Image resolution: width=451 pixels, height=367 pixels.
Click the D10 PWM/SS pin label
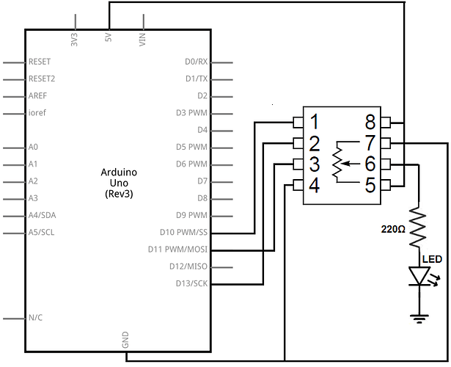point(183,232)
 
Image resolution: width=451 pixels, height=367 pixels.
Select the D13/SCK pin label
point(191,283)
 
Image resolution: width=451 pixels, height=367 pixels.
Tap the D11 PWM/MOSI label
point(177,250)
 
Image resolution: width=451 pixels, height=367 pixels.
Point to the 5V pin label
point(109,37)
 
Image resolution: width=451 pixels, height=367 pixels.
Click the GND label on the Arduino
point(125,340)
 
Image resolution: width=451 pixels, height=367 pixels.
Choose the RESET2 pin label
point(42,79)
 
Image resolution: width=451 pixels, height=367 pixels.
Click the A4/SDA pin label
point(42,215)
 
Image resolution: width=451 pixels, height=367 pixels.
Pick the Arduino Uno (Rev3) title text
point(119,183)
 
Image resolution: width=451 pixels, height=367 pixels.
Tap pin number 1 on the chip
point(315,121)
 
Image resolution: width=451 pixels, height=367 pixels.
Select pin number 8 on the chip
point(370,121)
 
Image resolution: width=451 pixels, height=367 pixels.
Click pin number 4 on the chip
point(315,186)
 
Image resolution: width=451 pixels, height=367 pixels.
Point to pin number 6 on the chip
point(370,164)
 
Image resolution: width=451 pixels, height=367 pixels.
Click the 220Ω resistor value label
point(393,230)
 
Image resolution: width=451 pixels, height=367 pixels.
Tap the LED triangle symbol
point(419,276)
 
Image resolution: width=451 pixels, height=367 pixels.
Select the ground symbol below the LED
point(419,319)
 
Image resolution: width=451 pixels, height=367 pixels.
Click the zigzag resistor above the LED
point(419,227)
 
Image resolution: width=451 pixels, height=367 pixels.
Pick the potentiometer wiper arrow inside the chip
point(350,164)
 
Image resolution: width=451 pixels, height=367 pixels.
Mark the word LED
point(432,259)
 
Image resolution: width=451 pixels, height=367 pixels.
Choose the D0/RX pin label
point(196,62)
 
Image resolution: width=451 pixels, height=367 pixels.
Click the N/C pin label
point(35,318)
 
